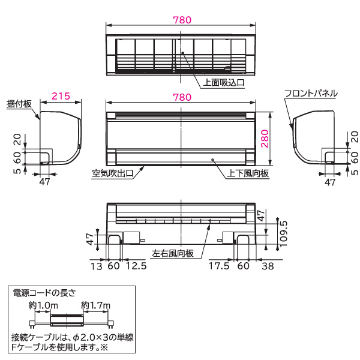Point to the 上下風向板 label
[247, 173]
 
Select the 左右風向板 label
[172, 254]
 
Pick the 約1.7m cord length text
[96, 306]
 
